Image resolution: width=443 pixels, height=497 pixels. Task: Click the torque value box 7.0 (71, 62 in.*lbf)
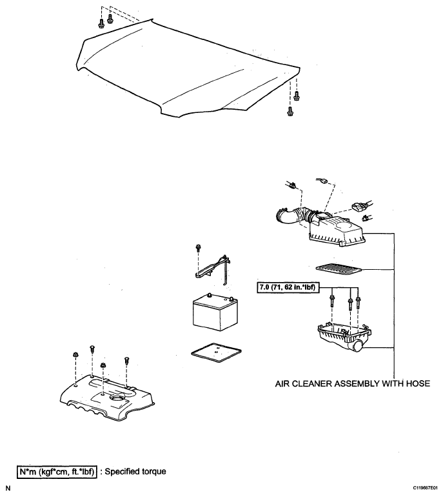pos(288,287)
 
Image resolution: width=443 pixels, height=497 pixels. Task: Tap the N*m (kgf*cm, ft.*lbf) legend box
pos(57,472)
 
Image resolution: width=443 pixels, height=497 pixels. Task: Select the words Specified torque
pos(135,472)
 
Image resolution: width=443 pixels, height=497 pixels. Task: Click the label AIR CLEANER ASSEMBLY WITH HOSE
pos(353,383)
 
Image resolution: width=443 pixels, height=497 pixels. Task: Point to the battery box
pos(215,312)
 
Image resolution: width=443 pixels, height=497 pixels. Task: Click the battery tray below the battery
pos(216,352)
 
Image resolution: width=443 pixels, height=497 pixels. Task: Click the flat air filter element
pos(339,269)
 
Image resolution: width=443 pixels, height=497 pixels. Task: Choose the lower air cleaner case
pos(344,337)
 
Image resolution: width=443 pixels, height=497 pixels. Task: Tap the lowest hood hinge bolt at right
pos(290,112)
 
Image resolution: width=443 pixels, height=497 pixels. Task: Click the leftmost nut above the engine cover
pos(75,355)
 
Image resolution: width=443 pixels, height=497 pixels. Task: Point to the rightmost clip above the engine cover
pos(127,360)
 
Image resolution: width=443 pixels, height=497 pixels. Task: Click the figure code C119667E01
pos(426,488)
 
